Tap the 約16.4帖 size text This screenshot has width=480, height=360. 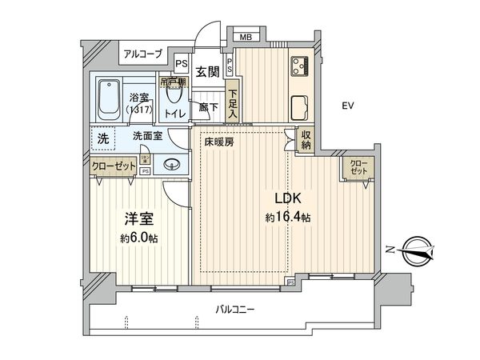[288, 217]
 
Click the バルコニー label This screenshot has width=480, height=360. [234, 308]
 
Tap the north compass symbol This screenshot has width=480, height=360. [417, 250]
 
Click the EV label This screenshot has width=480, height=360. [347, 106]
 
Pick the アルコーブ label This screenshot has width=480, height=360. [142, 54]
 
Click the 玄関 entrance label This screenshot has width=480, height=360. [207, 72]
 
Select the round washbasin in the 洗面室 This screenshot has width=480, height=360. [170, 166]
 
